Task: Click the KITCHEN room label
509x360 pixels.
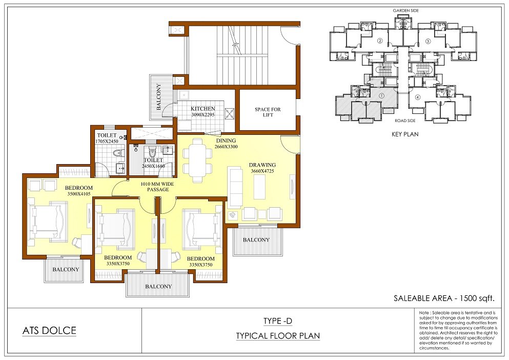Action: (203, 109)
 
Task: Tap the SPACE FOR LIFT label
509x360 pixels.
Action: (268, 112)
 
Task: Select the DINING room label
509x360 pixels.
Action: (226, 141)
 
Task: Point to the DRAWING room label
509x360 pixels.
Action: (262, 165)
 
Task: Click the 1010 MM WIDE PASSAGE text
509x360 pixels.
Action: (157, 187)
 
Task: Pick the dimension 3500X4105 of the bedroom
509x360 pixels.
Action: (79, 194)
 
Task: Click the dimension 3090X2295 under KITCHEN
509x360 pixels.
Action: (203, 115)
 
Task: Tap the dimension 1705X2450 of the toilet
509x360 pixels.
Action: (107, 142)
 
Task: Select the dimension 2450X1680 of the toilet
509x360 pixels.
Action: (153, 166)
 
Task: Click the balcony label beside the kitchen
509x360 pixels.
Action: (159, 97)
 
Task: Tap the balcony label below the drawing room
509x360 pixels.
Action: (256, 240)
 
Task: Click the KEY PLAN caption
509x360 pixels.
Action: (405, 134)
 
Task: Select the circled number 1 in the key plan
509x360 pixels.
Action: (381, 96)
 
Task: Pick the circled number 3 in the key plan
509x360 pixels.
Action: (428, 41)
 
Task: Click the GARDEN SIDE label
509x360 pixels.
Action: (406, 11)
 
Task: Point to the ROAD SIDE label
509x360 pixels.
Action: (405, 121)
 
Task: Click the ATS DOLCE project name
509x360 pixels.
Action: (49, 331)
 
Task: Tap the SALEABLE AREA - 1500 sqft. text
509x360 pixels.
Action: (444, 298)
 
